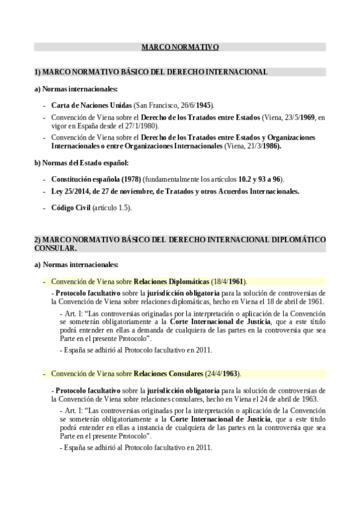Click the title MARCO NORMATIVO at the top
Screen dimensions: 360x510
pos(180,46)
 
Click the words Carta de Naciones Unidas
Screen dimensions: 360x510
pos(91,105)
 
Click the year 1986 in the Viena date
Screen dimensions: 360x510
pos(270,146)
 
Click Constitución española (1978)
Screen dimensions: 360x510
pos(88,179)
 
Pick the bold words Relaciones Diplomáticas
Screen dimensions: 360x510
pos(171,281)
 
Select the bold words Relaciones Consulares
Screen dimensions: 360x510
pos(169,373)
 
